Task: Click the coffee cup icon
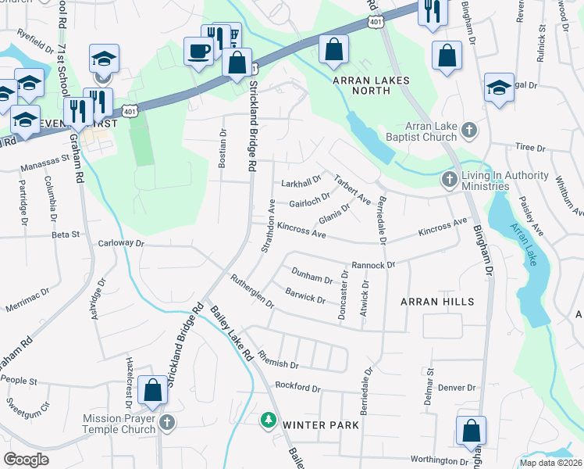click(198, 52)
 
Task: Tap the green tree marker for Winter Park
click(268, 421)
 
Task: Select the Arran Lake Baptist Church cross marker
click(468, 130)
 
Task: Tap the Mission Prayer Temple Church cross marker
click(166, 423)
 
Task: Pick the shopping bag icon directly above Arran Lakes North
click(334, 49)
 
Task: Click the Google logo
click(26, 459)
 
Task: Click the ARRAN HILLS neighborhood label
click(437, 301)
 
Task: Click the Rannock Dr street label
click(373, 265)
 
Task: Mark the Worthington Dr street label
click(440, 461)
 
